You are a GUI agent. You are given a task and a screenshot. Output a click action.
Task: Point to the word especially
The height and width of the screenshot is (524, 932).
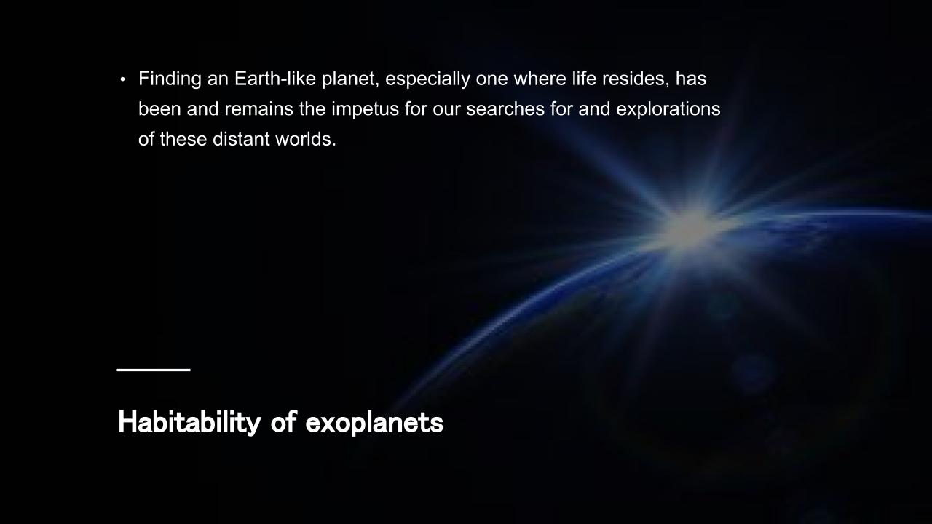click(x=427, y=79)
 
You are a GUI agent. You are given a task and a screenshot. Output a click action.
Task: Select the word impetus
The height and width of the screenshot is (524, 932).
click(x=365, y=110)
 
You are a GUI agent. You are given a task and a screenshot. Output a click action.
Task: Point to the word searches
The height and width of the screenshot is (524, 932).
click(x=505, y=109)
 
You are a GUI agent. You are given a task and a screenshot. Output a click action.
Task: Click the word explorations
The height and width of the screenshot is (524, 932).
click(x=668, y=110)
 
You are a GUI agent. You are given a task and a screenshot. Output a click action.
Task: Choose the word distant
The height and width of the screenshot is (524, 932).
click(x=241, y=139)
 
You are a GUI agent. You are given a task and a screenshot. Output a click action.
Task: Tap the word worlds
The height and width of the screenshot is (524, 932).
click(x=306, y=139)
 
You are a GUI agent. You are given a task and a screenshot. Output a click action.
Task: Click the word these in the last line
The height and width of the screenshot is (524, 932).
click(x=183, y=139)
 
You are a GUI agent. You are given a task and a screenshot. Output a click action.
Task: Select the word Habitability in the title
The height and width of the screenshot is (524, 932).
click(x=189, y=423)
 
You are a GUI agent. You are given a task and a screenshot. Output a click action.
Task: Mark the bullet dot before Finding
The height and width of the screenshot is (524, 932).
click(x=122, y=79)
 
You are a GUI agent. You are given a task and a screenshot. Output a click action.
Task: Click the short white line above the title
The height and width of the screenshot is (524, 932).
click(x=154, y=369)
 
